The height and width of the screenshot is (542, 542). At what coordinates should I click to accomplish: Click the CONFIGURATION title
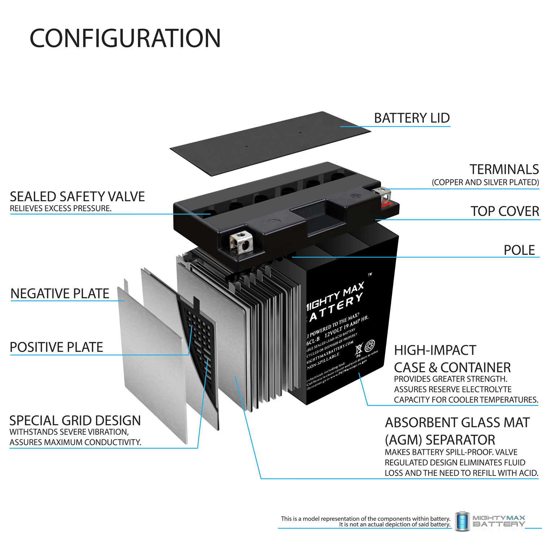point(125,38)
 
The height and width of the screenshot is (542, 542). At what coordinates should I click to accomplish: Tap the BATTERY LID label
point(412,118)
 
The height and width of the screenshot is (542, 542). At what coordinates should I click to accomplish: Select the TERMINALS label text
point(504,169)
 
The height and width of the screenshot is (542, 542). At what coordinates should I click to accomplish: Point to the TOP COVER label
point(504,211)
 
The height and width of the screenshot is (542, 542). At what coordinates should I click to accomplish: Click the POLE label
point(519,250)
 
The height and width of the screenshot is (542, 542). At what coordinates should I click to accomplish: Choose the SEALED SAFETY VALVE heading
point(77,197)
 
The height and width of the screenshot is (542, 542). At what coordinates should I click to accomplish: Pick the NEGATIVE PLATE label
point(60,293)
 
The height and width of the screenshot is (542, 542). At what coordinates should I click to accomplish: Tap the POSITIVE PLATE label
point(56,347)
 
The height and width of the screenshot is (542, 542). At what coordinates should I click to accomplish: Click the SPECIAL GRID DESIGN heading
point(75,421)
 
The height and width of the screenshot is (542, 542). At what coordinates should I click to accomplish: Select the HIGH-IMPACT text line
point(435,350)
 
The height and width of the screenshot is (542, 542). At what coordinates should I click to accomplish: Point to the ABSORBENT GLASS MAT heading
point(457,422)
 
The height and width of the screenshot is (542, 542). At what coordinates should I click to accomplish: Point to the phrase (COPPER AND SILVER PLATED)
point(485,182)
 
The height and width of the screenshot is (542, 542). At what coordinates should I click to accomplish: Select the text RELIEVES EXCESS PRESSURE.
point(61,208)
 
